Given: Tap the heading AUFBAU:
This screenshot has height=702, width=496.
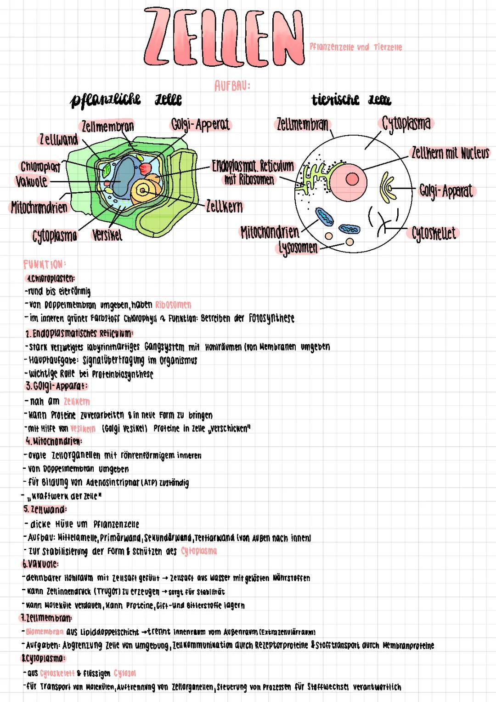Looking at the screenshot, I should [232, 86].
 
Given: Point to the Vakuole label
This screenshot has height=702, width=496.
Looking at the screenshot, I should [32, 181].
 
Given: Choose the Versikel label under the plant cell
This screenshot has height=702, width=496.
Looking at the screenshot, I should [107, 235].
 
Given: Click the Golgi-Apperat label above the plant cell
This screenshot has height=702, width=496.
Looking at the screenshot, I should [201, 124].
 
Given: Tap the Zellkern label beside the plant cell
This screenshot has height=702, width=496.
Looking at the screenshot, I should [224, 206].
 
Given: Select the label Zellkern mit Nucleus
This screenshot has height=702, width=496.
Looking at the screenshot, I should [450, 153].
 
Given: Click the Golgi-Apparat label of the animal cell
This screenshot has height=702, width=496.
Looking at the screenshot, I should [446, 191].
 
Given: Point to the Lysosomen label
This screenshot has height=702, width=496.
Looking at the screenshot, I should [298, 248].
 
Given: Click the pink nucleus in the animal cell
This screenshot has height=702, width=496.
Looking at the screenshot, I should [352, 178].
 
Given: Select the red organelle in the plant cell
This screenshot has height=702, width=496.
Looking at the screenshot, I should [146, 168].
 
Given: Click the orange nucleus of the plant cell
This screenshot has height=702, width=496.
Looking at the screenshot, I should [144, 190].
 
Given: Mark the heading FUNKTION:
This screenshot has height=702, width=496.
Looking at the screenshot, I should [44, 265].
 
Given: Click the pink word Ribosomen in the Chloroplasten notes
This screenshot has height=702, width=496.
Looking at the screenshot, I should [173, 305].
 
